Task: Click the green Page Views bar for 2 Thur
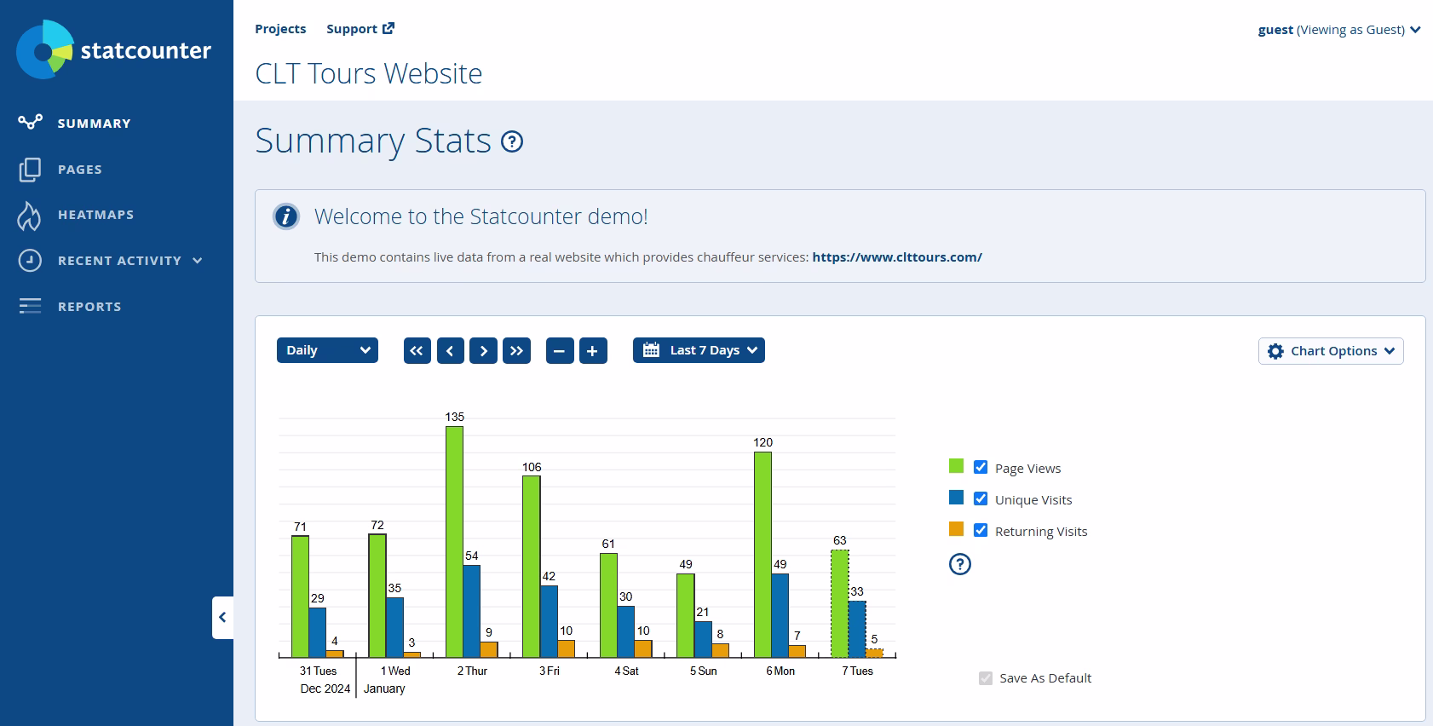point(454,541)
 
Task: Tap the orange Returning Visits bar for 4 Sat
point(643,648)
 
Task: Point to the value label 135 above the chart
point(454,417)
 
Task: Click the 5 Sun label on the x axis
point(703,671)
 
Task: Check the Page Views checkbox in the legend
point(981,467)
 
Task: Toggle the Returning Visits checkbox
point(981,530)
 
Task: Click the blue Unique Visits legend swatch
point(956,498)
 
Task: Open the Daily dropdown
point(327,350)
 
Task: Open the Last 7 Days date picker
point(699,350)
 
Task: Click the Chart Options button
point(1330,351)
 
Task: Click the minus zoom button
point(559,351)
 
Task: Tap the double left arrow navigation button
point(417,351)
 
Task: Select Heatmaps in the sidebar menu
point(95,215)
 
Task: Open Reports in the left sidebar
point(89,307)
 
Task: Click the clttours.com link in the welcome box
point(896,256)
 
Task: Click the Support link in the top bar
point(360,29)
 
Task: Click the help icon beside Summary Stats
point(512,141)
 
